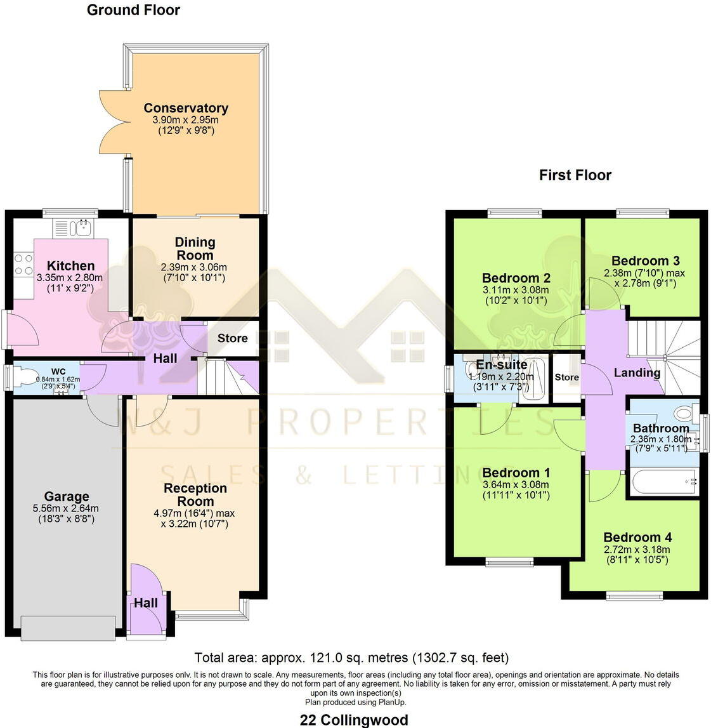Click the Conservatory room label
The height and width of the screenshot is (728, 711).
tap(185, 108)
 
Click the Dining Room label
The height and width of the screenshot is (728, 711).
tap(195, 248)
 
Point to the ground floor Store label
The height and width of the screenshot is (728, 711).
tap(232, 338)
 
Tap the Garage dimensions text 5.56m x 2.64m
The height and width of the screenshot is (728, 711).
tap(67, 508)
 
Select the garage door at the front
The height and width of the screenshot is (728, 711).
tap(68, 628)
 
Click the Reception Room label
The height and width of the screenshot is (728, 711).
tap(195, 494)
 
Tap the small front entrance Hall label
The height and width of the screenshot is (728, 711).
tap(145, 603)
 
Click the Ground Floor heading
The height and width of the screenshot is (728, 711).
tap(133, 10)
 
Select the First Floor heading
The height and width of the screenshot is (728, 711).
tap(575, 175)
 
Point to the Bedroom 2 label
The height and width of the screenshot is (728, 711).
tap(516, 278)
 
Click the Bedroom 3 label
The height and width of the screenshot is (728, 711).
tap(645, 261)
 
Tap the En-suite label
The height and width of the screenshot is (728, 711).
tap(502, 365)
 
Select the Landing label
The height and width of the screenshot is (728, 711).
tap(637, 373)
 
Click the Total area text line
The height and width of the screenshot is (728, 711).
tap(351, 658)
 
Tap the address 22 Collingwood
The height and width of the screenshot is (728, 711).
tap(354, 720)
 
